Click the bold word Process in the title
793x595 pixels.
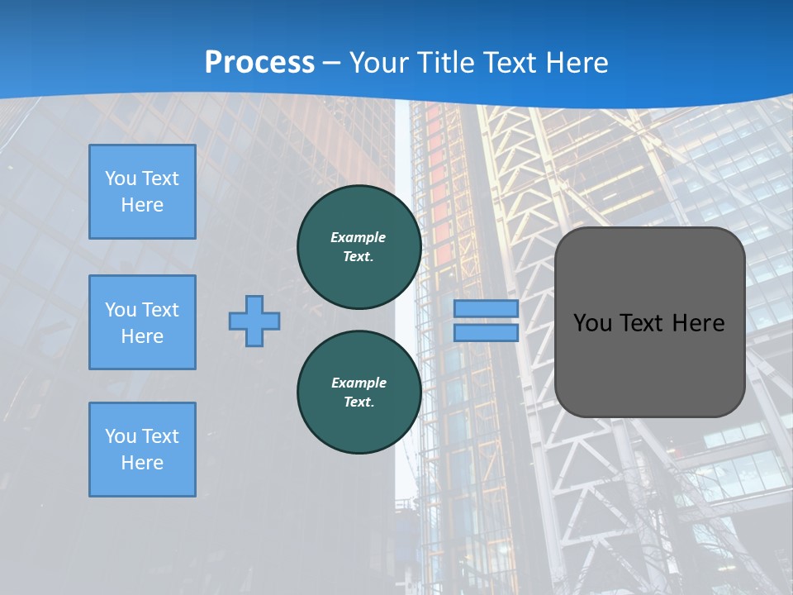(x=259, y=63)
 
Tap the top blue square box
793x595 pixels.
(x=142, y=192)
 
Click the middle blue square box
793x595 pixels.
(x=142, y=322)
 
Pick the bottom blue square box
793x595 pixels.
(x=142, y=450)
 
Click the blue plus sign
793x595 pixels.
(x=254, y=321)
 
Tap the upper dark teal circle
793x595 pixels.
(x=359, y=247)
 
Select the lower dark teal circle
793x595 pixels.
(x=359, y=393)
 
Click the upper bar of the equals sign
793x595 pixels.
(x=486, y=308)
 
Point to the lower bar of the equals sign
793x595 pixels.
(x=486, y=332)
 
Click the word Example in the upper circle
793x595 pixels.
(x=359, y=237)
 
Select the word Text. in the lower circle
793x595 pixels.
(x=359, y=402)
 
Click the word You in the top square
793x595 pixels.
(x=121, y=178)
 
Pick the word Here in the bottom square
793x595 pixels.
(x=142, y=463)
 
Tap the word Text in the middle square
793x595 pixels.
(x=160, y=310)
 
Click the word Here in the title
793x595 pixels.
(x=577, y=63)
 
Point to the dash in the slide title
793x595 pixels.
(x=331, y=63)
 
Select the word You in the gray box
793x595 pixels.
(x=592, y=323)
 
